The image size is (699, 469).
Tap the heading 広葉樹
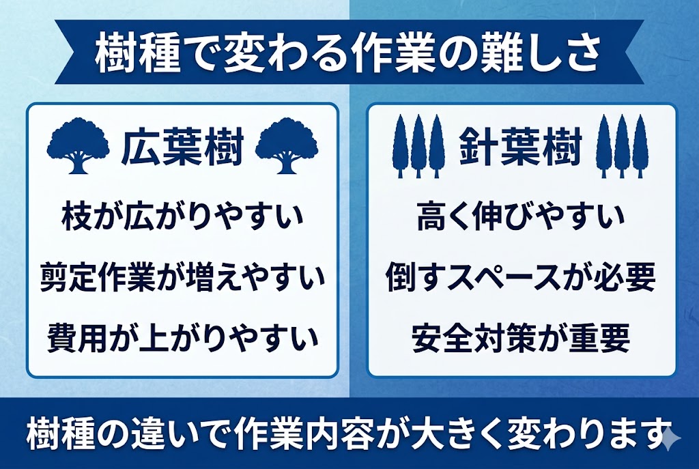182,147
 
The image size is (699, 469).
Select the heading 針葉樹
521,147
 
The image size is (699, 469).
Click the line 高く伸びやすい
521,221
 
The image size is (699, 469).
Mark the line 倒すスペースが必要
521,279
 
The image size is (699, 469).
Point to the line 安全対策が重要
521,337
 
